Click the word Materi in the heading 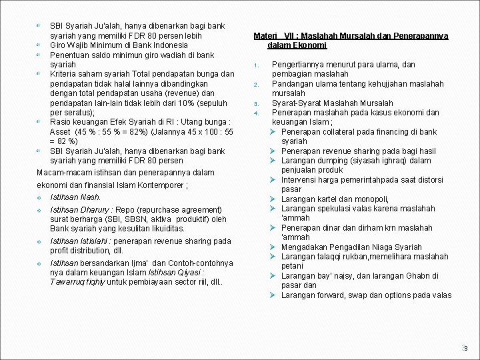coord(265,36)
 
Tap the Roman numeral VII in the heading coord(289,36)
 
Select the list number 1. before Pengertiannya coord(255,65)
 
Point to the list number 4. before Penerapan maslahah coord(255,113)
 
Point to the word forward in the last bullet coord(331,295)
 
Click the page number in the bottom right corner coord(466,348)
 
